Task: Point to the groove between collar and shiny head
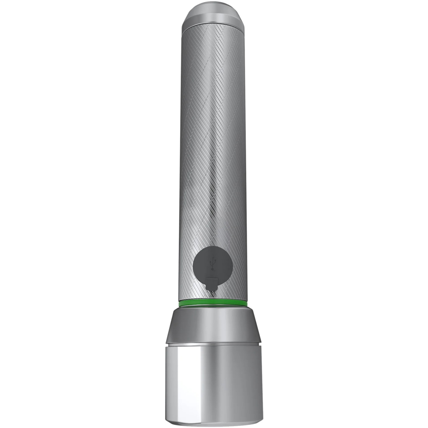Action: (213, 343)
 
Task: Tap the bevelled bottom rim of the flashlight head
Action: (213, 422)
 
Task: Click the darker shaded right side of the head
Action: (251, 379)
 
